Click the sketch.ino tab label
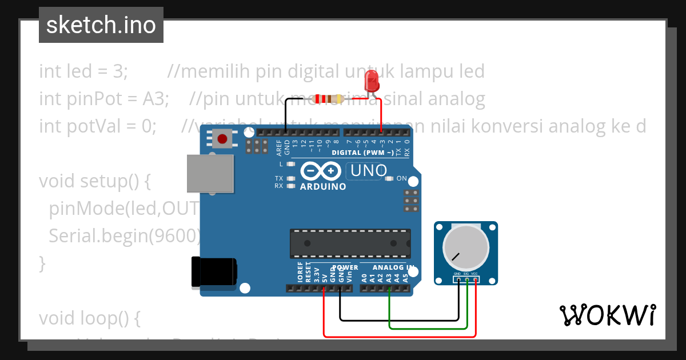(101, 25)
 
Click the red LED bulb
(373, 81)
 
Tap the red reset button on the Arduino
(222, 138)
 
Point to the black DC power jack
(214, 271)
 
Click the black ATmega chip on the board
(350, 243)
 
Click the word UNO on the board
(368, 170)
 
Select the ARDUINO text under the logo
(323, 187)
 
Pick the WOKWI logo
(607, 315)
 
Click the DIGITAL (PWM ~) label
(362, 153)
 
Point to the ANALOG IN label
(394, 267)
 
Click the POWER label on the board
(345, 267)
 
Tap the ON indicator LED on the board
(389, 179)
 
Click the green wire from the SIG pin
(429, 329)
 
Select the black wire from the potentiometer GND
(400, 319)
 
